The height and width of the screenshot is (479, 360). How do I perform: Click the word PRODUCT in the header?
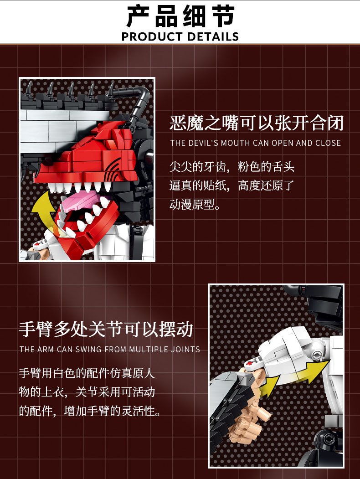(x=152, y=36)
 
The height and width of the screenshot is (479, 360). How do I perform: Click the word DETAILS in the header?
(x=213, y=36)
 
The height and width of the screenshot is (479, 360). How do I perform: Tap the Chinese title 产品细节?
(x=180, y=16)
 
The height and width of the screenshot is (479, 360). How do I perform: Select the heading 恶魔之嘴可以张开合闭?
(x=257, y=123)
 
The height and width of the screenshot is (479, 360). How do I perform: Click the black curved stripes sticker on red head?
(x=113, y=169)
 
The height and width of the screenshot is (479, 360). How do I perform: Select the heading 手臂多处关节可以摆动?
(x=106, y=330)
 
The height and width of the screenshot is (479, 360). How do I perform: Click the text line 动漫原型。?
(x=195, y=205)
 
